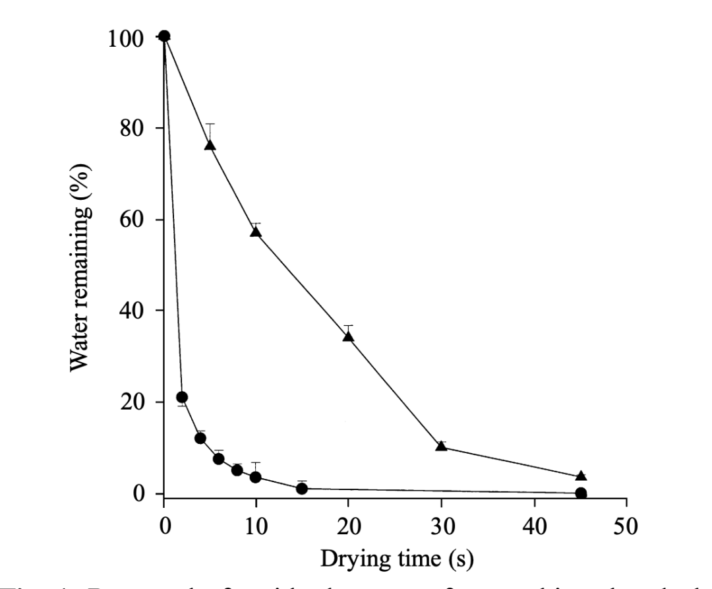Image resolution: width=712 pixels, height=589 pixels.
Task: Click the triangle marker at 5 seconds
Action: tap(210, 145)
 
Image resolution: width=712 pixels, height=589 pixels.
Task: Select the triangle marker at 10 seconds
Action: tap(256, 232)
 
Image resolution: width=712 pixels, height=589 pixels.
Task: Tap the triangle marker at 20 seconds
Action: tap(349, 336)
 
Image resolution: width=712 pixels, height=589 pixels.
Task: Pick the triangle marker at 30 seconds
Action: tap(441, 447)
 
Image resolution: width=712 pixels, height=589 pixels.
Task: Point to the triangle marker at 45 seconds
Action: tap(581, 476)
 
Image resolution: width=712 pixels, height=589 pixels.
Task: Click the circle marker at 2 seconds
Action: tap(182, 397)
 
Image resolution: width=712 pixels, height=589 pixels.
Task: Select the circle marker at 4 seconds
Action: tap(200, 438)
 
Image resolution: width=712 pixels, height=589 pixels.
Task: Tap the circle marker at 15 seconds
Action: tap(302, 489)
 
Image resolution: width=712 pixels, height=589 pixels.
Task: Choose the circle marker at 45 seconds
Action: tap(581, 493)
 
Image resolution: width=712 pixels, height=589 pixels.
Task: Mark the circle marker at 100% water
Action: tap(164, 36)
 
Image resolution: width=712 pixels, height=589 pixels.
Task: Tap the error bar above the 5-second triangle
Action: tap(210, 131)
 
